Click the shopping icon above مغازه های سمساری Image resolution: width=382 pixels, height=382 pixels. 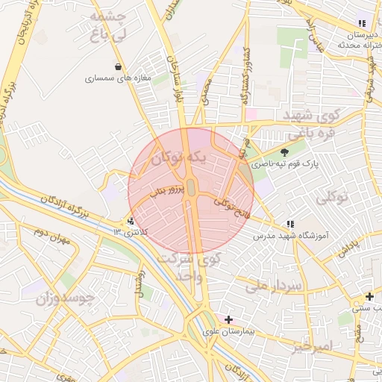click(x=119, y=66)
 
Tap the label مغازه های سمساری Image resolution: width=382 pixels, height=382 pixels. click(x=118, y=78)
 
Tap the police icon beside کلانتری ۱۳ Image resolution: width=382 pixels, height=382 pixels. click(x=131, y=221)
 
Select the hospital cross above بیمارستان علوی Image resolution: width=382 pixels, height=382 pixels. click(x=228, y=319)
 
